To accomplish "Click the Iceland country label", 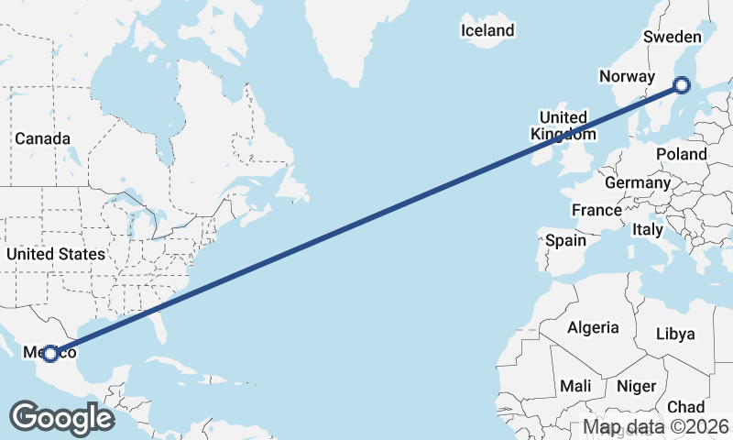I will click(x=487, y=30).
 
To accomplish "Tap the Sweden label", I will click(x=672, y=37).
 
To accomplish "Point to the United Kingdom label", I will click(x=563, y=126).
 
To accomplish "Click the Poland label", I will click(x=681, y=155).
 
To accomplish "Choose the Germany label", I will click(x=638, y=182).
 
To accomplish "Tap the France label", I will click(x=596, y=210).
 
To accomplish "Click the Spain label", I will click(x=565, y=240).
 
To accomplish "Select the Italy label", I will click(x=647, y=230).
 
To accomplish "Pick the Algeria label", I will click(x=593, y=327).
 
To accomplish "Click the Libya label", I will click(x=675, y=334).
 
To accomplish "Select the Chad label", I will click(x=686, y=406).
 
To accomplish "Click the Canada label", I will click(x=42, y=138).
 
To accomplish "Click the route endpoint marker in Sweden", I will click(x=681, y=85).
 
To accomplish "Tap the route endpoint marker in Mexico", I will click(x=50, y=353).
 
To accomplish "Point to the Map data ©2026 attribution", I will click(x=656, y=426).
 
